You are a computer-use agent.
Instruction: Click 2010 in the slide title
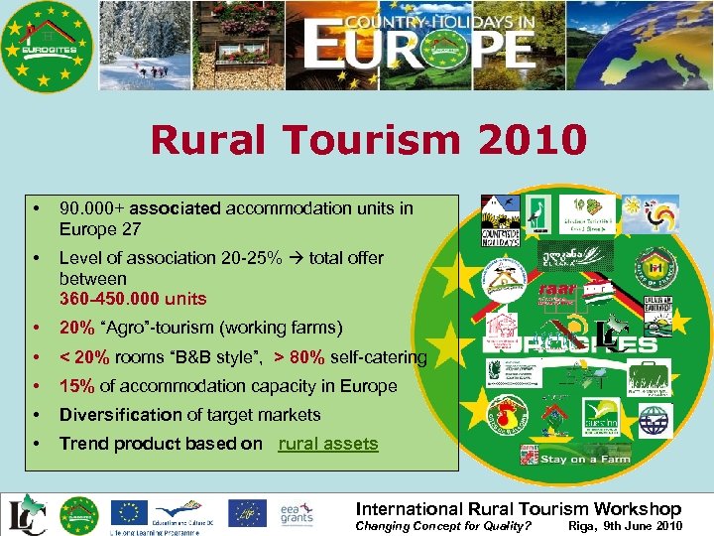pyautogui.click(x=532, y=140)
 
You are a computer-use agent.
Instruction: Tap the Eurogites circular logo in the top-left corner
pyautogui.click(x=47, y=47)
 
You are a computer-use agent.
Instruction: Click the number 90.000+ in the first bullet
pyautogui.click(x=90, y=208)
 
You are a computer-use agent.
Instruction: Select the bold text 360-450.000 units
pyautogui.click(x=133, y=299)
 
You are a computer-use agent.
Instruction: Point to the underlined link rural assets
pyautogui.click(x=328, y=444)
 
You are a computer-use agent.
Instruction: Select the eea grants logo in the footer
pyautogui.click(x=297, y=513)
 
